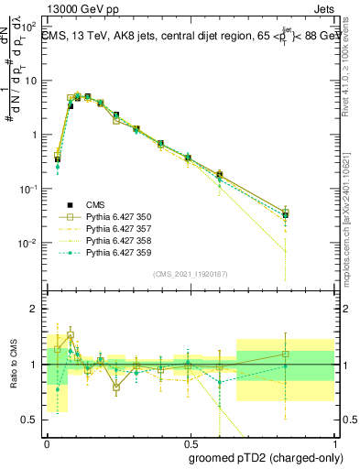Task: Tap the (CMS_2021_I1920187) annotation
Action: pos(191,272)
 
